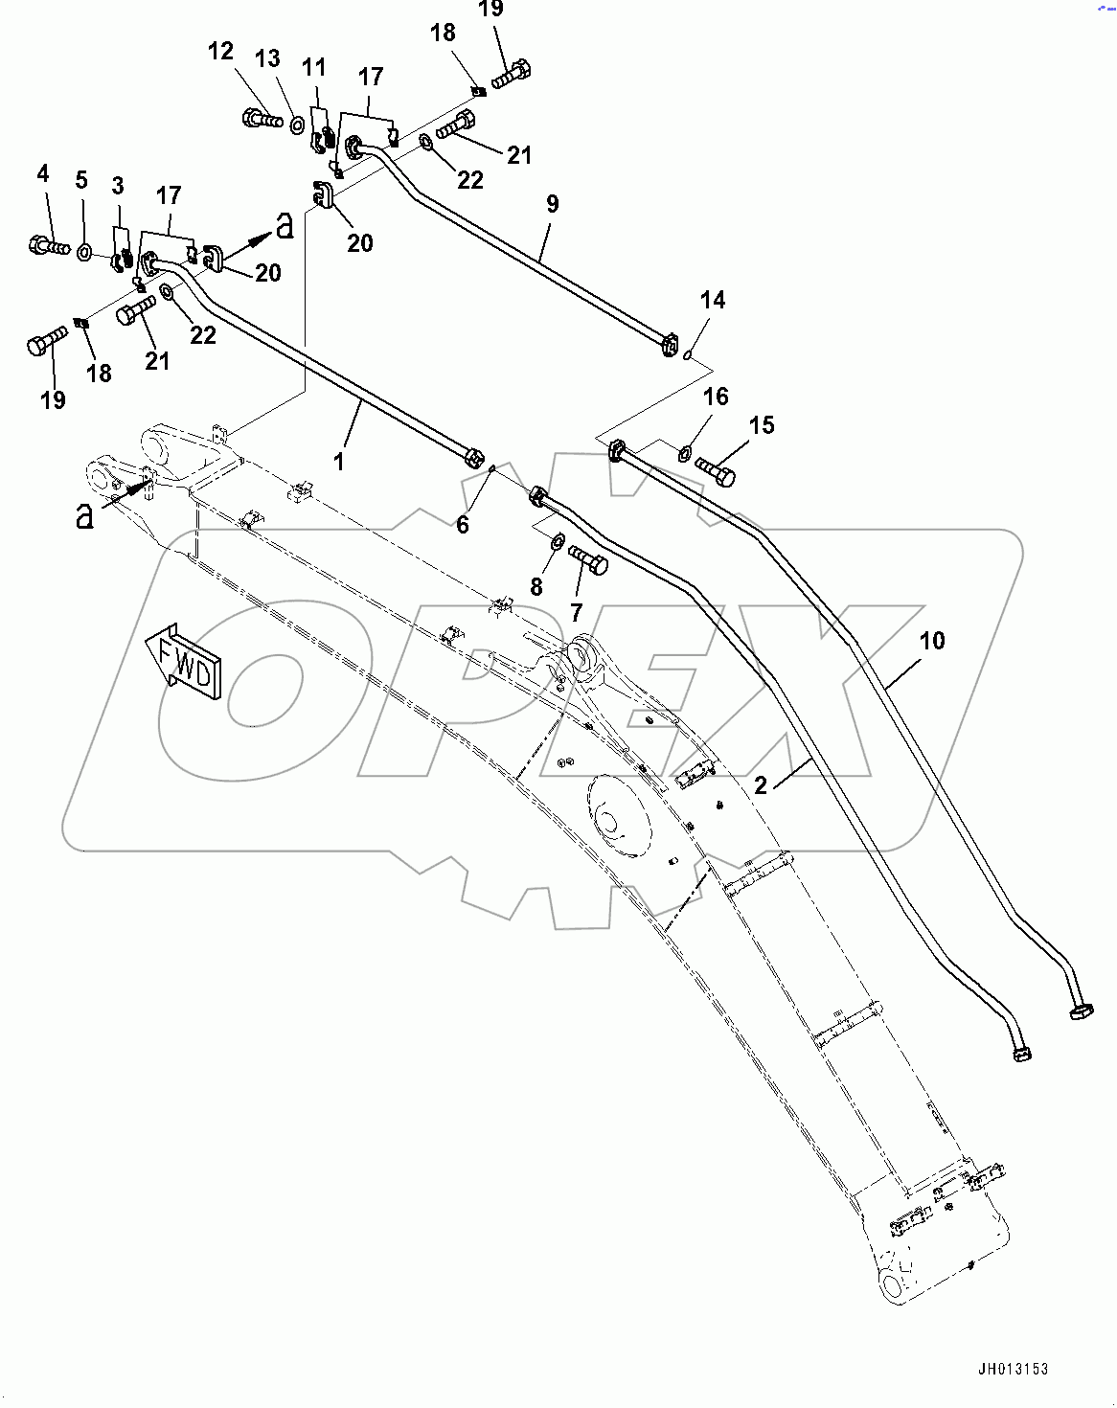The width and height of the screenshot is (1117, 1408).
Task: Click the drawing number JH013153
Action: point(1013,1369)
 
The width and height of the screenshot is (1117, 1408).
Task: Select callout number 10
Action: point(931,641)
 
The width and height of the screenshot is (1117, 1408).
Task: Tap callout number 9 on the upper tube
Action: point(552,204)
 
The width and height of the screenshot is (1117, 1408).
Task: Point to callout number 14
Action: point(712,300)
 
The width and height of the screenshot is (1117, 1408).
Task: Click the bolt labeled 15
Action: point(715,469)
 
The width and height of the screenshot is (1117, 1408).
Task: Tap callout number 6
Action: point(463,524)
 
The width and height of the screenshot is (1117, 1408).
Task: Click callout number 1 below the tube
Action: point(338,462)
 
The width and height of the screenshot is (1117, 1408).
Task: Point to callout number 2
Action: point(761,785)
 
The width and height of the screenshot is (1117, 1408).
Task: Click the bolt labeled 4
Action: point(49,246)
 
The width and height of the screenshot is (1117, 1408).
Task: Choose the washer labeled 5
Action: point(84,253)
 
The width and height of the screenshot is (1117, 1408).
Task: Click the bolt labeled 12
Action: point(262,120)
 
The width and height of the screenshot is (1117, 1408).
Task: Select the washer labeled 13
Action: point(296,124)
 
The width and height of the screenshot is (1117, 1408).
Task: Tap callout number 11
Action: point(313,68)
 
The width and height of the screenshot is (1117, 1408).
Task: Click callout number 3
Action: point(118,186)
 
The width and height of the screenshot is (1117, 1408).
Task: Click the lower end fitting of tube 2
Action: point(1021,1055)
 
